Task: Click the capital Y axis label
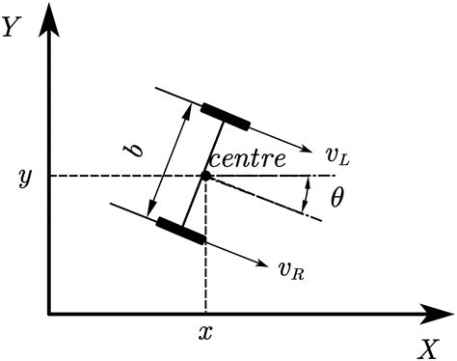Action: [12, 27]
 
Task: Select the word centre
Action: [249, 159]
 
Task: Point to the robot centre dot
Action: [204, 176]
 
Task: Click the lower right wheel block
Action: [180, 231]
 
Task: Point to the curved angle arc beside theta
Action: [307, 196]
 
